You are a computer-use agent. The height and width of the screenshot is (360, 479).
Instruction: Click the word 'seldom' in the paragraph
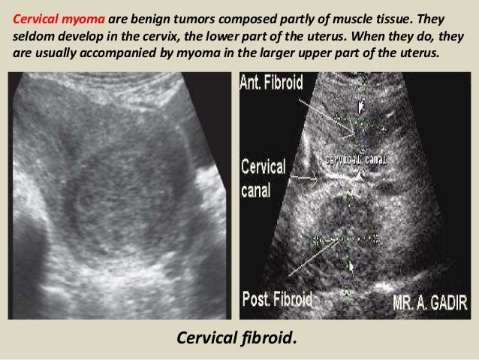click(x=32, y=37)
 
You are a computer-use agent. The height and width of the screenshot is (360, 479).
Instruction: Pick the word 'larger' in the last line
click(x=296, y=56)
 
